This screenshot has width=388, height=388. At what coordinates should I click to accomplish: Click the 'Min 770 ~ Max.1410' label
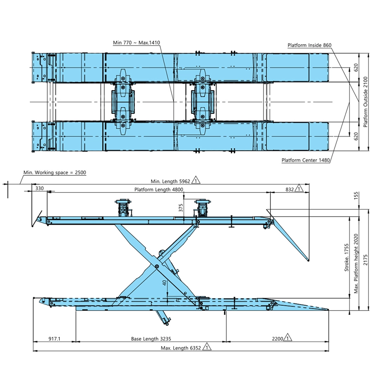click(136, 43)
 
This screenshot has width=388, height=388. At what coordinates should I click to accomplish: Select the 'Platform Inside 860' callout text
click(309, 45)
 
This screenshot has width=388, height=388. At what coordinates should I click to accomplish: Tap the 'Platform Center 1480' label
click(306, 160)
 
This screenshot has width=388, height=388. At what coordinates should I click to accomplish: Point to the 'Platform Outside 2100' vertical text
click(365, 102)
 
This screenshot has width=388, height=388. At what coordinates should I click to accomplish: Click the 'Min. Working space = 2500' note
click(55, 173)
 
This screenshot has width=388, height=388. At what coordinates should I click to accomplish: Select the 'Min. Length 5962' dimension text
click(170, 181)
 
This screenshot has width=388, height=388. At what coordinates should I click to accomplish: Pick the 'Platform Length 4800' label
click(159, 190)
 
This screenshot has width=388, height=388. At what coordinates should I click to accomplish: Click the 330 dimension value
click(39, 188)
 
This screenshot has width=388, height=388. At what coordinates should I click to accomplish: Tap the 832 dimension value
click(290, 190)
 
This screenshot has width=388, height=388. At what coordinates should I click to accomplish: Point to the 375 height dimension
click(181, 208)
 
